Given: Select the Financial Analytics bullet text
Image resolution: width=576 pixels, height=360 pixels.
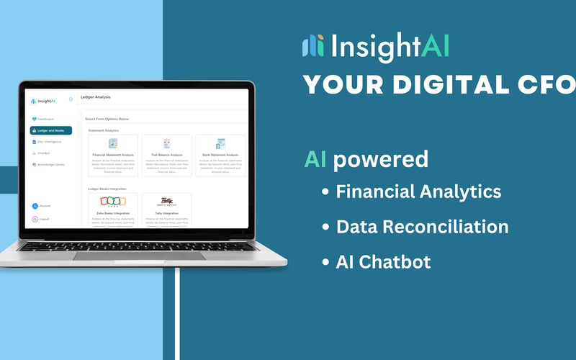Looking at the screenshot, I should pyautogui.click(x=418, y=192).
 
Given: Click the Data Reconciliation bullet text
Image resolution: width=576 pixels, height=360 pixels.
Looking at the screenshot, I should pyautogui.click(x=422, y=227).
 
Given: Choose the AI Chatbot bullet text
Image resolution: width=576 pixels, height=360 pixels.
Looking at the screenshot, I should pyautogui.click(x=383, y=261).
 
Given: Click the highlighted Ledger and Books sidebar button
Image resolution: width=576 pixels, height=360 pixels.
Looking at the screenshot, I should pyautogui.click(x=50, y=130).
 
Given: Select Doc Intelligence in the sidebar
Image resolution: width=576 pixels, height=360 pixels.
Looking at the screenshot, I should pyautogui.click(x=49, y=142).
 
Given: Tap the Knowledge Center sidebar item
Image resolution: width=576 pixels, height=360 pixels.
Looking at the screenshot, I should pyautogui.click(x=50, y=165).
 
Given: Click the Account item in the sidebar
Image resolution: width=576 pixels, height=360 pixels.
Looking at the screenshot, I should pyautogui.click(x=44, y=206).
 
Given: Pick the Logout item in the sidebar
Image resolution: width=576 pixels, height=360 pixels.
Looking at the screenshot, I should pyautogui.click(x=43, y=219).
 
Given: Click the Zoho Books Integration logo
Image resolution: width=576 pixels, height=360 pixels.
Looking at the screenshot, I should pyautogui.click(x=112, y=202).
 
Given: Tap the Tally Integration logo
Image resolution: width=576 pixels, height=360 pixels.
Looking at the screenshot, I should pyautogui.click(x=166, y=202).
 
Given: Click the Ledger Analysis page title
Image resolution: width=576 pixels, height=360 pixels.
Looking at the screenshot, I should pyautogui.click(x=96, y=96).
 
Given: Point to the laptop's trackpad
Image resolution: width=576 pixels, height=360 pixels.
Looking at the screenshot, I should pyautogui.click(x=139, y=256).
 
